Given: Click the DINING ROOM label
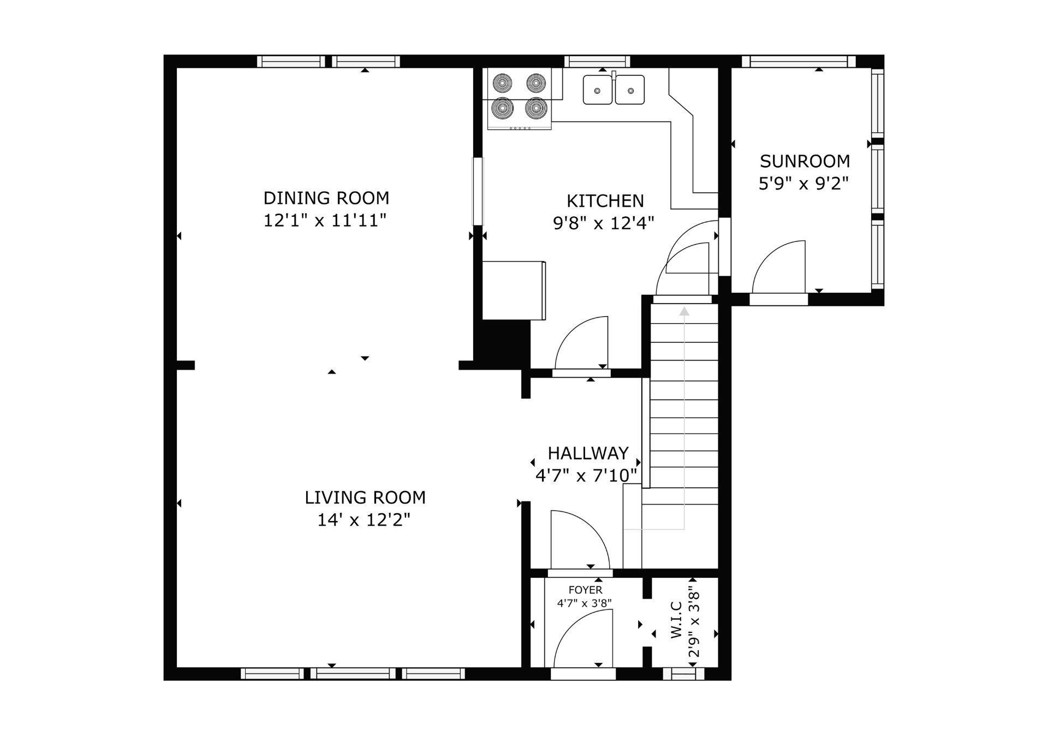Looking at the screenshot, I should click(x=326, y=198).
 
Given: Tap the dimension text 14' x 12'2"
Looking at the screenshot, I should click(x=364, y=520).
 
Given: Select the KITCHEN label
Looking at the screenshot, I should click(x=605, y=201).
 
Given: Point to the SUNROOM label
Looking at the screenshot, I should click(x=805, y=161).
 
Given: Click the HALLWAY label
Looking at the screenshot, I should click(x=588, y=453).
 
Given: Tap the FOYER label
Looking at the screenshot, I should click(x=585, y=590).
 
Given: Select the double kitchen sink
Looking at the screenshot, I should click(x=614, y=89).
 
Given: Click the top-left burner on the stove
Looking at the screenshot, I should click(x=502, y=83).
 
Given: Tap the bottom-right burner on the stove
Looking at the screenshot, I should click(x=536, y=108).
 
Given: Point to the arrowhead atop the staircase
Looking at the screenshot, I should click(x=684, y=311).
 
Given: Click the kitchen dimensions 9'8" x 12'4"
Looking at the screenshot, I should click(x=604, y=223).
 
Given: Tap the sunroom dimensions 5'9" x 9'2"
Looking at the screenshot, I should click(x=804, y=183).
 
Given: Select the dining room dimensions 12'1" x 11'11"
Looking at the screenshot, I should click(x=325, y=221).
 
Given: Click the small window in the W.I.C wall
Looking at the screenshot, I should click(x=683, y=674).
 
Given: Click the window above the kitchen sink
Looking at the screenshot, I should click(x=597, y=61).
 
